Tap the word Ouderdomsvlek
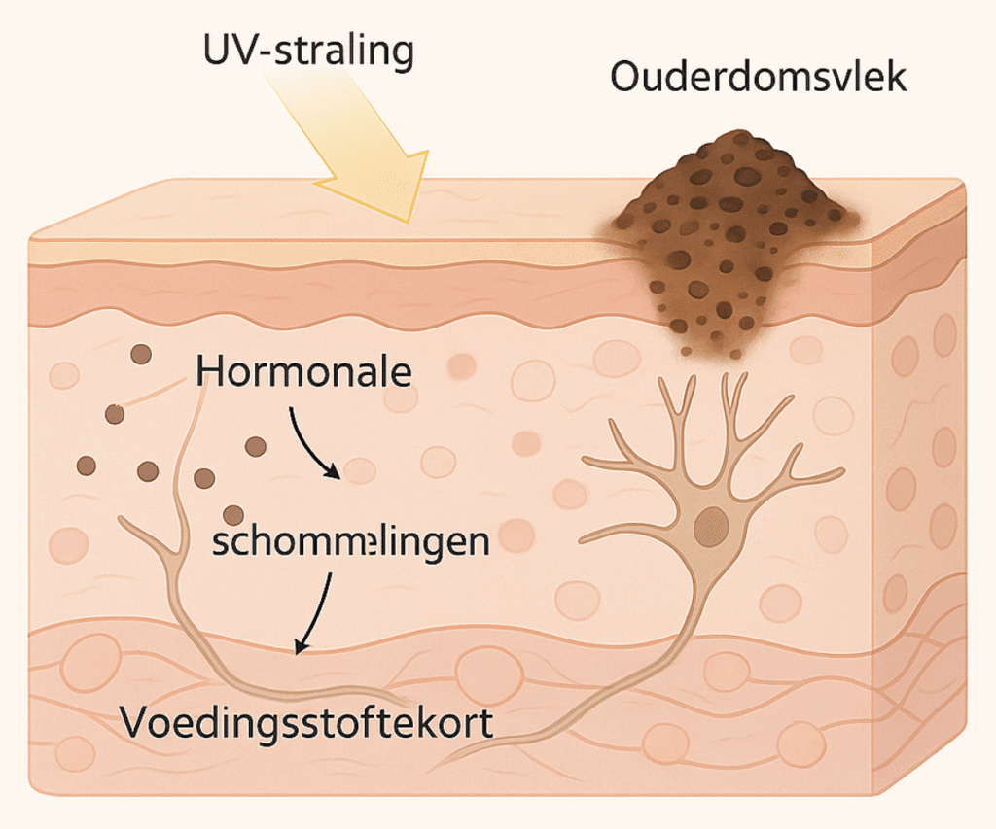pyautogui.click(x=759, y=77)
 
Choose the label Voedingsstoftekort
pyautogui.click(x=306, y=723)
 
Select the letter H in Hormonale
pyautogui.click(x=210, y=372)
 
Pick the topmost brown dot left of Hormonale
pyautogui.click(x=141, y=354)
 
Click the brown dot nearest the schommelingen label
pyautogui.click(x=232, y=515)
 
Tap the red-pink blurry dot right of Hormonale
pyautogui.click(x=463, y=365)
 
